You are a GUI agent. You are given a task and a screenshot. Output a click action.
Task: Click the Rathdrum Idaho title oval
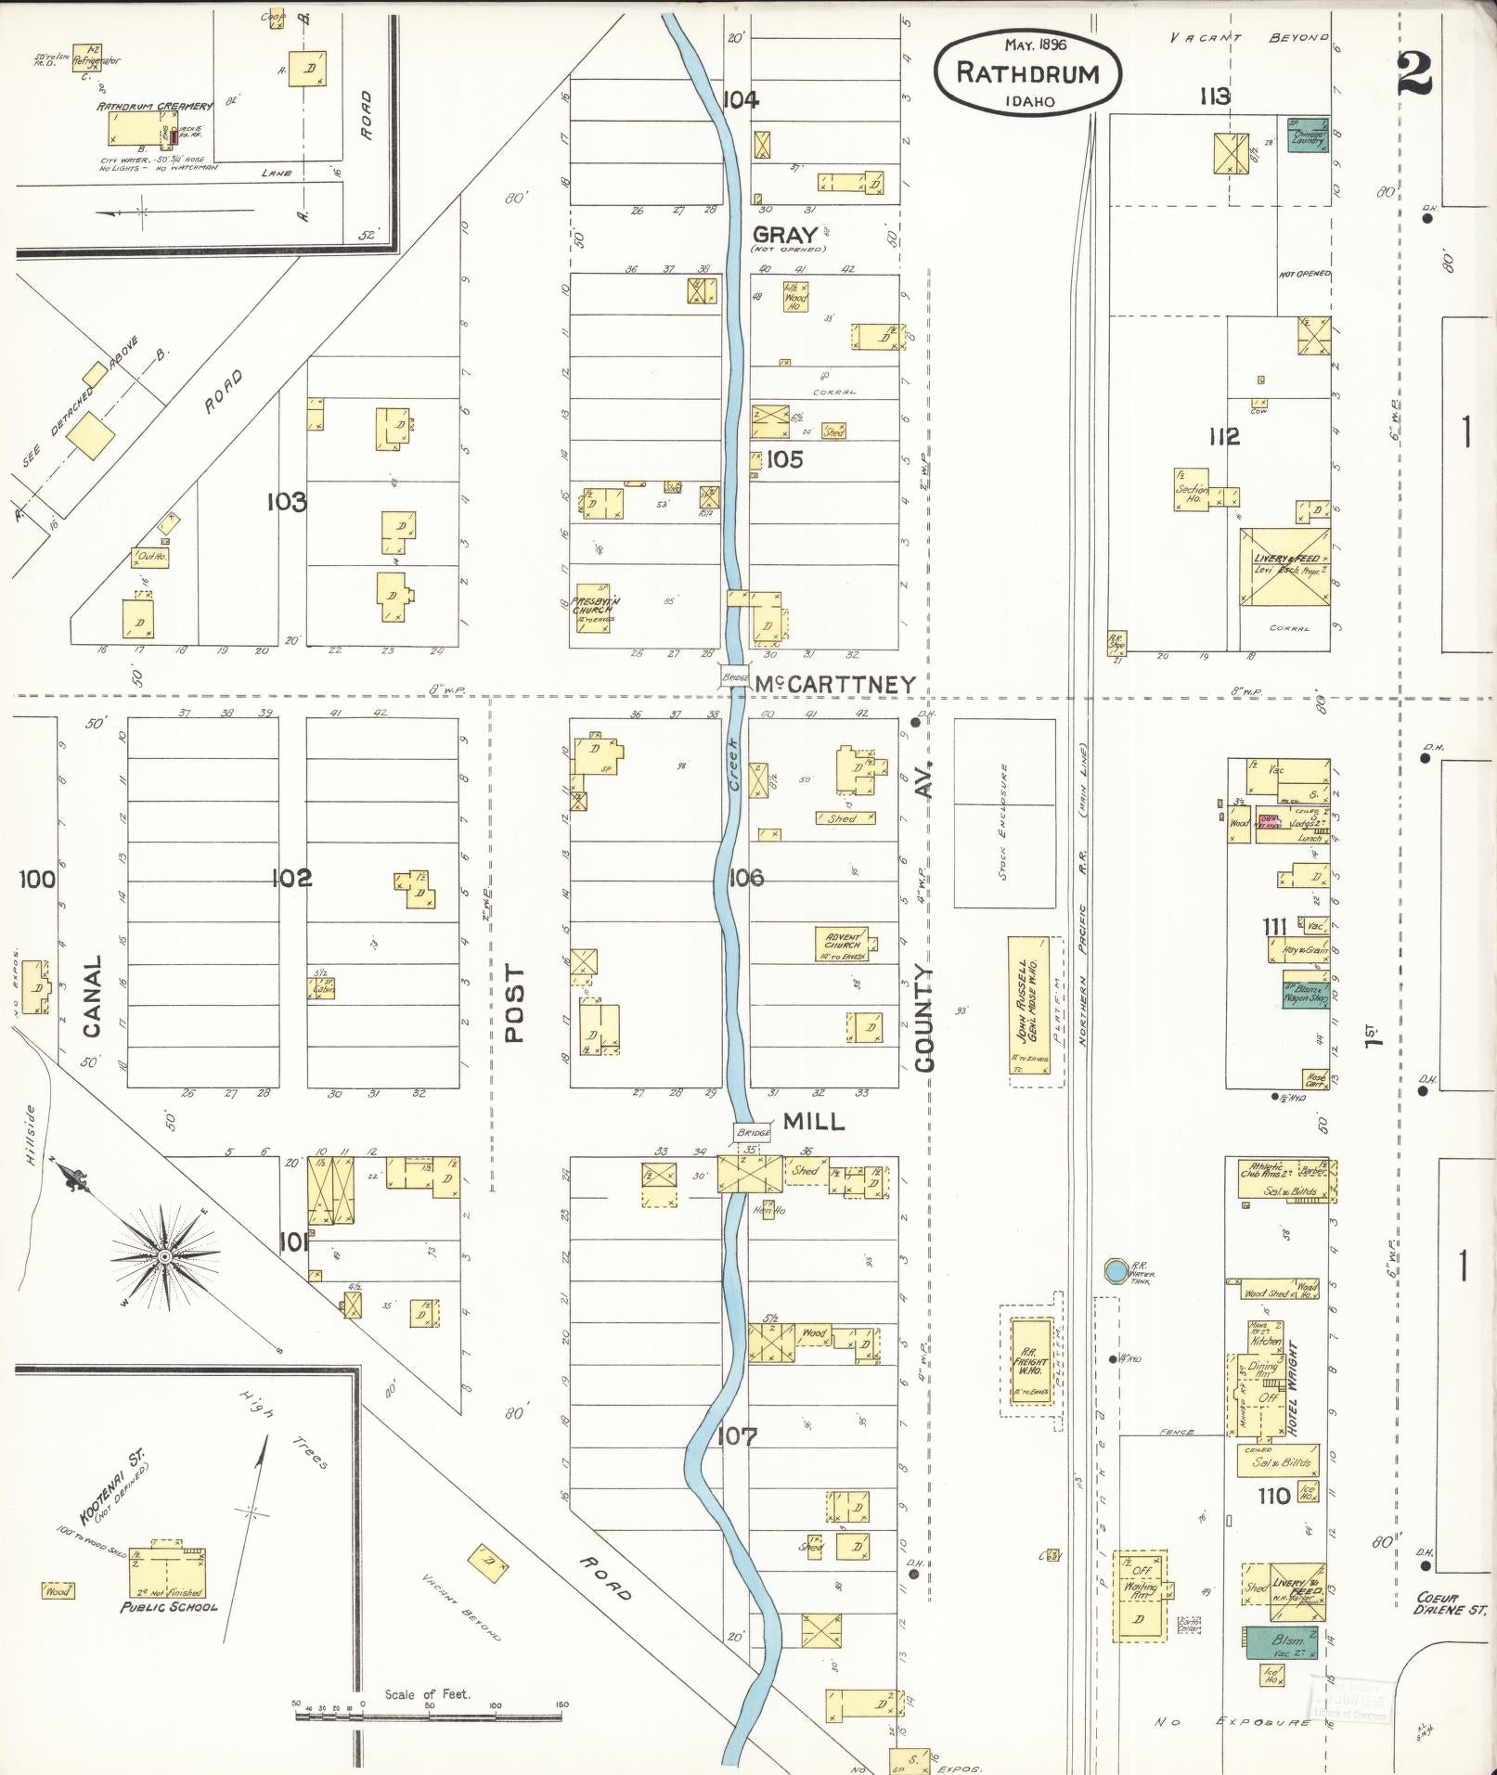(x=1028, y=72)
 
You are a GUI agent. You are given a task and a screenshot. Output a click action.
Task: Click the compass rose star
(x=164, y=1256)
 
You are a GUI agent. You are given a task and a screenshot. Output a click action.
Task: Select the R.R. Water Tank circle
(x=1115, y=1269)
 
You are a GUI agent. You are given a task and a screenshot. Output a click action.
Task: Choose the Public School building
(x=167, y=1568)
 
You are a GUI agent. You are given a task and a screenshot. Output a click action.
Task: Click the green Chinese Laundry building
(x=1309, y=135)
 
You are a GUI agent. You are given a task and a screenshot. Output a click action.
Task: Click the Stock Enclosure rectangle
(x=1004, y=813)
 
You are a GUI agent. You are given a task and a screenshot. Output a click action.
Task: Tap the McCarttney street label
(x=833, y=684)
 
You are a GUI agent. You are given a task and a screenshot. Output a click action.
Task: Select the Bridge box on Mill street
(x=753, y=1133)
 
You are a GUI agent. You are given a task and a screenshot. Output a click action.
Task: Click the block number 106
(x=745, y=877)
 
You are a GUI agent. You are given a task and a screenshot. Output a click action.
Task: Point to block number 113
(x=1214, y=96)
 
